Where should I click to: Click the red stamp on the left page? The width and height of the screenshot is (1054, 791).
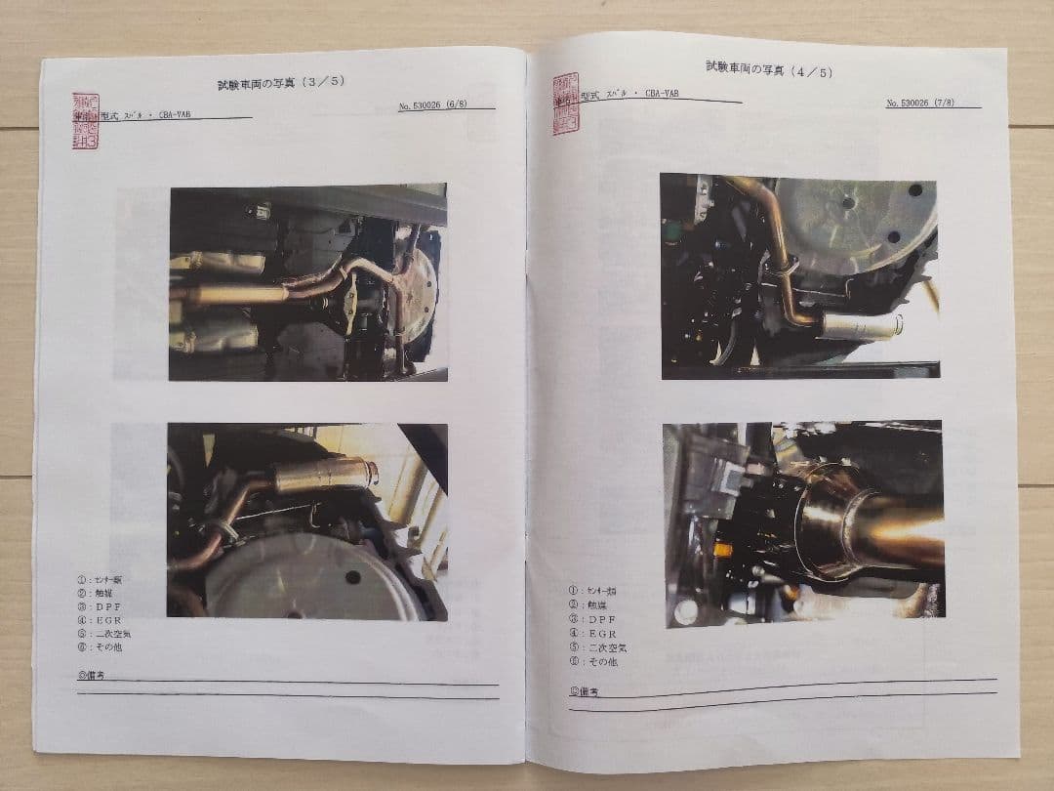[85, 121]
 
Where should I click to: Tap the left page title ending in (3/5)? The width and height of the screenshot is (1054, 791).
[281, 81]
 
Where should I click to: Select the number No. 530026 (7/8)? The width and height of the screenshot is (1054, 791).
[931, 103]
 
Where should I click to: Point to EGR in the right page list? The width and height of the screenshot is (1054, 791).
[597, 633]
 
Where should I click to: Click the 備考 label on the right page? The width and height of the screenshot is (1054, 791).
[584, 691]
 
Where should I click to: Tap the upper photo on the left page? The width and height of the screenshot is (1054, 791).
[307, 281]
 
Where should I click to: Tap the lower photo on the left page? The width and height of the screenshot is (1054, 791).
[306, 520]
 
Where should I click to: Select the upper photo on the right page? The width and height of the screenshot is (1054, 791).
[799, 275]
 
